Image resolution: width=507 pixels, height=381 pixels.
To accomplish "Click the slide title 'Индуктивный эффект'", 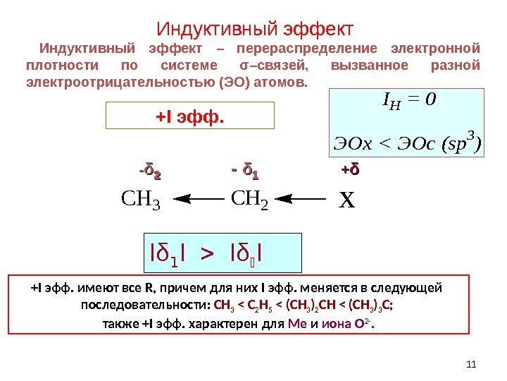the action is click(253, 30).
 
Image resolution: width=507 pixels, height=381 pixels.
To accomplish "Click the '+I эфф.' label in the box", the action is click(189, 115).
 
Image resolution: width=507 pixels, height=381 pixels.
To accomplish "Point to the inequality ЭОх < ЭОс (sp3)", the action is click(407, 144).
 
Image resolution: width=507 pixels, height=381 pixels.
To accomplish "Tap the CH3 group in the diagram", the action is click(142, 202).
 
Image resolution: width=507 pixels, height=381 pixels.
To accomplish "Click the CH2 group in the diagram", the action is click(249, 202).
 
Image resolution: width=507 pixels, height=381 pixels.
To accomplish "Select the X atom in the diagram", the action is click(346, 202).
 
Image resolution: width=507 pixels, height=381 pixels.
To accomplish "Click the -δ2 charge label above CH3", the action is click(149, 171).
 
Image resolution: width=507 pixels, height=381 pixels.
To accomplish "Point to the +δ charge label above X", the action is click(350, 171).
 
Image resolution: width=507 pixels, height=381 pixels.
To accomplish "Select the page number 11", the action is click(472, 364).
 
